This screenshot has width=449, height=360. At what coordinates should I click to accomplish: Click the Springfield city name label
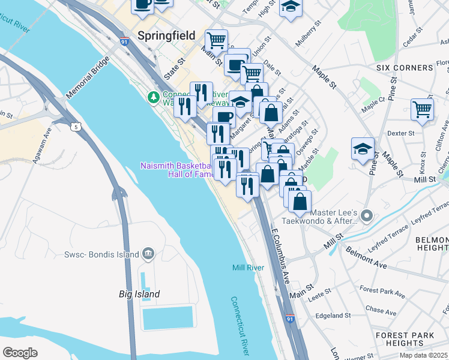click(x=166, y=35)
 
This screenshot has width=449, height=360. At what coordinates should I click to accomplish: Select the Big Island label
click(x=139, y=294)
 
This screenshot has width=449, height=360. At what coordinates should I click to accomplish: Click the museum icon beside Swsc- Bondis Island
click(x=148, y=254)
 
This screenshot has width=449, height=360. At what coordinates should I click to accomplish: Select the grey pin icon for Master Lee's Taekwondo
click(x=368, y=215)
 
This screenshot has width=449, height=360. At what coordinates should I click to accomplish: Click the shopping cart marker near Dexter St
click(x=422, y=110)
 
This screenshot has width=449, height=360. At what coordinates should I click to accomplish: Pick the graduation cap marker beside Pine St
click(x=363, y=148)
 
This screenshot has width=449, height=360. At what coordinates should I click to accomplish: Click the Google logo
click(x=20, y=352)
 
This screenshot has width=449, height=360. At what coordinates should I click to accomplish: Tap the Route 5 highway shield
click(x=75, y=127)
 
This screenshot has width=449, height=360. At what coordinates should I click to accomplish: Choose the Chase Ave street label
click(x=381, y=312)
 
